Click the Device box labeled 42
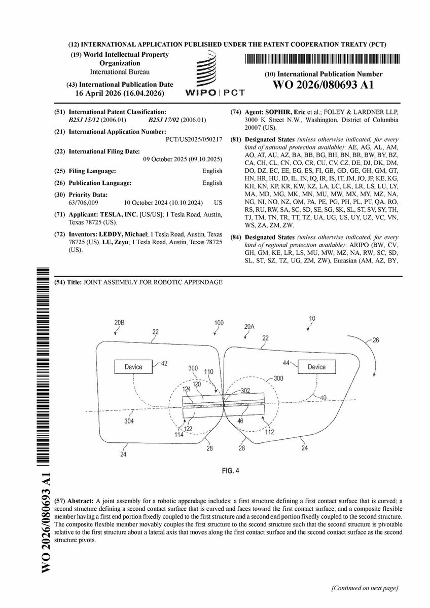[130, 367]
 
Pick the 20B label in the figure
[119, 322]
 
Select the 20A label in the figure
[248, 327]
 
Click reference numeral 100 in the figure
[219, 322]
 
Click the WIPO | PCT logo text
[215, 93]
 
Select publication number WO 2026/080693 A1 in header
[324, 85]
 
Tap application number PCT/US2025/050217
[194, 138]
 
